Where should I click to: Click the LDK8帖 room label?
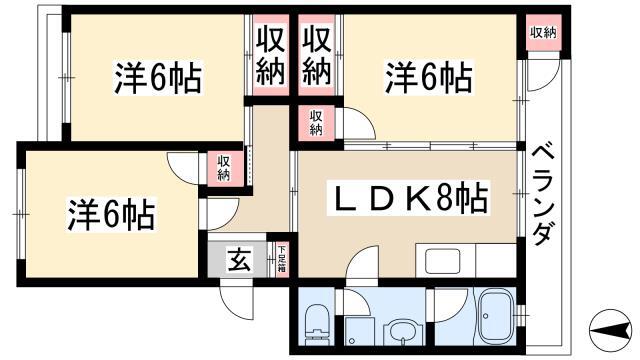coord(411,199)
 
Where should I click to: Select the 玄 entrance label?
coord(239,260)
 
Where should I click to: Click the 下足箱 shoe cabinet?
coord(282,260)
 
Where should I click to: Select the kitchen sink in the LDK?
coord(442,261)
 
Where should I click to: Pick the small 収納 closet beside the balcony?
coord(543,33)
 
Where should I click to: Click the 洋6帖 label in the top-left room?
coord(158,78)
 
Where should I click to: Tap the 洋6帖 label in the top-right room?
coord(429,77)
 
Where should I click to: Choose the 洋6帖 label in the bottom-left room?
coord(111,214)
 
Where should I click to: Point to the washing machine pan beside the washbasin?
coord(359,331)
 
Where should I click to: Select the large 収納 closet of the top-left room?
coord(271,56)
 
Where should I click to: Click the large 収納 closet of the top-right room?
coord(317,56)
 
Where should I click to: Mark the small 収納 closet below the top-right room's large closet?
coord(316,122)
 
